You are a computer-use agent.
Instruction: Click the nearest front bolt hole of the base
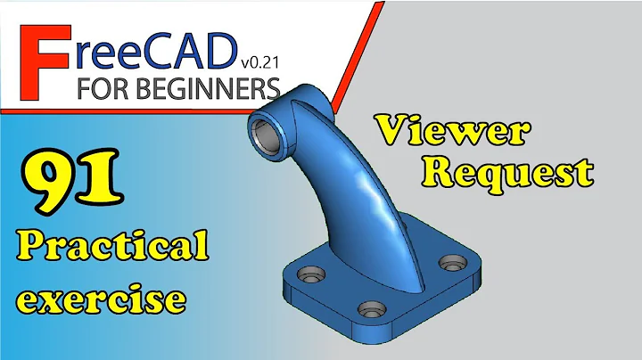[x=367, y=308]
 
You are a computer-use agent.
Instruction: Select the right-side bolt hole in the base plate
[x=454, y=263]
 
